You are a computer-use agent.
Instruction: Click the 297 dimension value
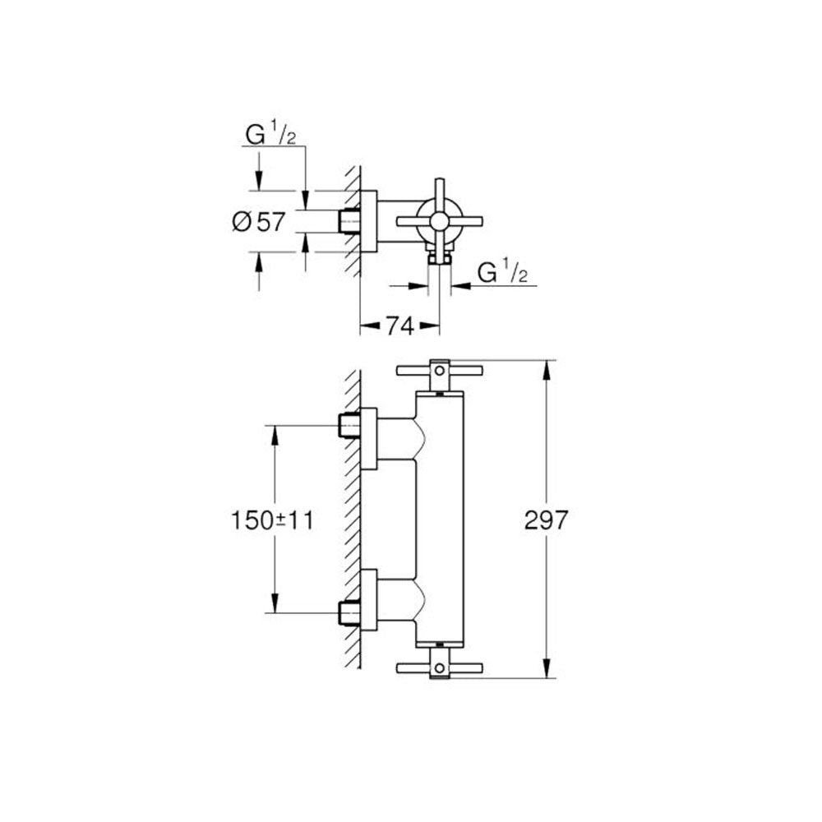click(547, 520)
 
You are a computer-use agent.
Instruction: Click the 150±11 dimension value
click(272, 520)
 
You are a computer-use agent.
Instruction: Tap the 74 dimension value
click(400, 326)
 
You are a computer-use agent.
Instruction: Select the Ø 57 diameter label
click(259, 222)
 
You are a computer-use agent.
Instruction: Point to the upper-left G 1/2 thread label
click(270, 135)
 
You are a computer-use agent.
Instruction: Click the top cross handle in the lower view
click(439, 374)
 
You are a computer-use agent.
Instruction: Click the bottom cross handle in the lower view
click(439, 664)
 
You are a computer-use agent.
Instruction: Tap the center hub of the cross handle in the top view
click(439, 222)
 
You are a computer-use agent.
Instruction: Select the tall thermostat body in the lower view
click(439, 519)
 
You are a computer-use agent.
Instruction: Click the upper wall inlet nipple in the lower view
click(349, 425)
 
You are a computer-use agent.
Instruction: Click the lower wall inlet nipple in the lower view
click(349, 612)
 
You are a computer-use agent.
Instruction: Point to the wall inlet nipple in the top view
click(349, 221)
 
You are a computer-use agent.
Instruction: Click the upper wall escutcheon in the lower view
click(368, 439)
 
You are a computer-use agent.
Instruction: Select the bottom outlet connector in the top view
click(439, 256)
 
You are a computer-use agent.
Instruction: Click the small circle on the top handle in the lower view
click(439, 372)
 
